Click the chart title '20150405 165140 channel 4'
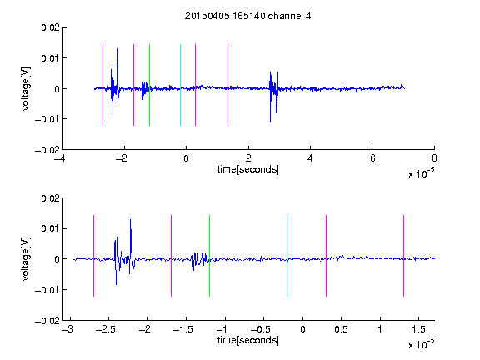point(247,16)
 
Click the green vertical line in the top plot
point(149,85)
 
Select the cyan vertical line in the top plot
point(180,85)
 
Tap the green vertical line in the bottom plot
point(209,256)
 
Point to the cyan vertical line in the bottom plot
point(287,256)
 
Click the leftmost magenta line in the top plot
point(102,85)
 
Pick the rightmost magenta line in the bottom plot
point(403,256)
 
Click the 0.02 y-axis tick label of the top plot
point(50,27)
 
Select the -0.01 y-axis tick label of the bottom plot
point(47,290)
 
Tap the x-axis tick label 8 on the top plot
point(434,158)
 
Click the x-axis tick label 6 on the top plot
point(372,158)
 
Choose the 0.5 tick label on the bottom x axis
point(341,329)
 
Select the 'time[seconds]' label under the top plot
point(248,169)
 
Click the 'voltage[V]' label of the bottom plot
point(26,259)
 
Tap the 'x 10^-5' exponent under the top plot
point(421,173)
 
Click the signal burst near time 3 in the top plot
point(273,96)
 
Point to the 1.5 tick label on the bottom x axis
point(418,329)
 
